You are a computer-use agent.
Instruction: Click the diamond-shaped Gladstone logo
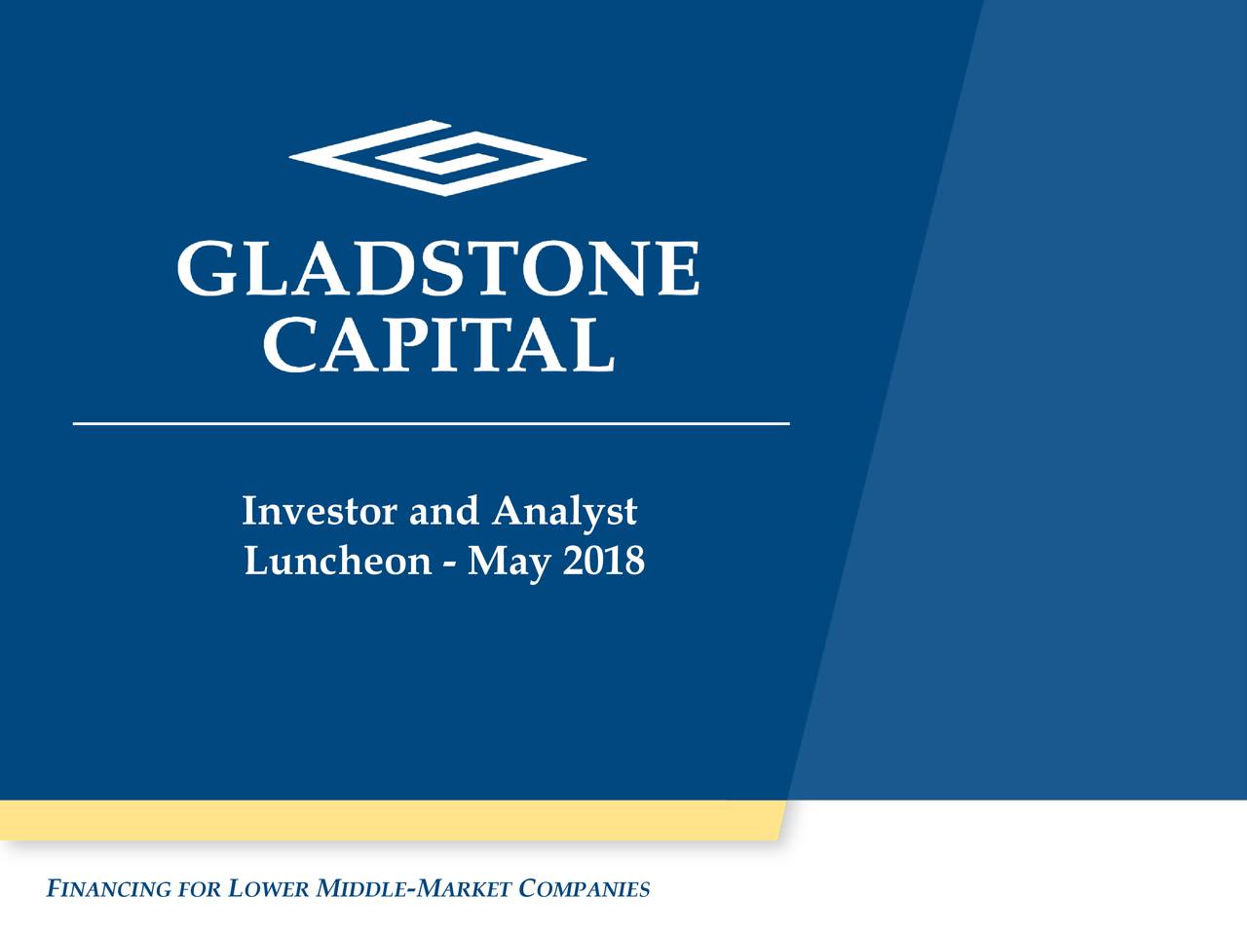tap(438, 158)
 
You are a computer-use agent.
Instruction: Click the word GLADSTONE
tap(438, 269)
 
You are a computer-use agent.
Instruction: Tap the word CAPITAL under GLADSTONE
tap(438, 344)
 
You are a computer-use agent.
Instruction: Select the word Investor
tap(320, 511)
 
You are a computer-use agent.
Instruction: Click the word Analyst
tap(564, 511)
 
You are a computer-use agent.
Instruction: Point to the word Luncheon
tap(337, 562)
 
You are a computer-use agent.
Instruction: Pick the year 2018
tap(603, 561)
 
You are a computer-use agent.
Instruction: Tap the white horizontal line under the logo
tap(431, 424)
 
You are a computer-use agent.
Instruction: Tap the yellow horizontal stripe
tap(390, 820)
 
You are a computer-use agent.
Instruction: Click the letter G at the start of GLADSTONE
tap(206, 269)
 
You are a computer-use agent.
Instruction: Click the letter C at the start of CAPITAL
tap(290, 344)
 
